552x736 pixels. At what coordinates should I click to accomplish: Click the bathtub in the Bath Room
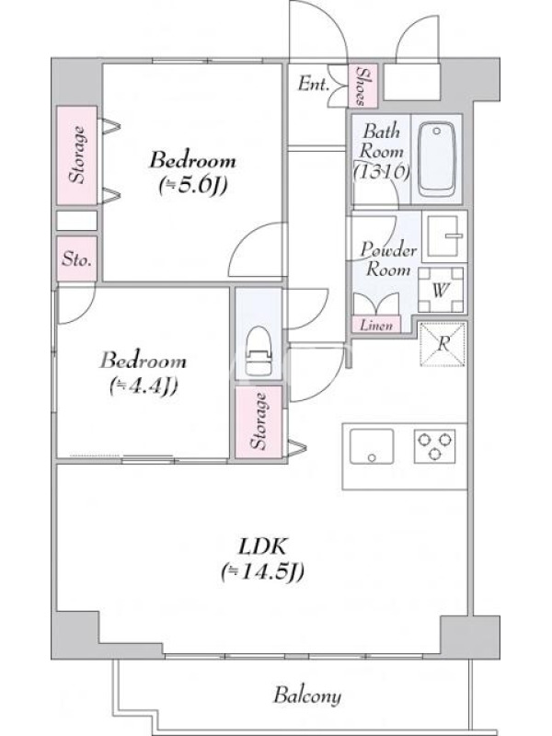pos(436,159)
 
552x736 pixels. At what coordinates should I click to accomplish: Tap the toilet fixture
pos(259,351)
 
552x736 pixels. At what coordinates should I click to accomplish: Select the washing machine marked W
pos(441,290)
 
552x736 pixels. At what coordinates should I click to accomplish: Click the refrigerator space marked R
pos(443,344)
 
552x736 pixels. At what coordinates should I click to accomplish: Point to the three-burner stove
pos(434,446)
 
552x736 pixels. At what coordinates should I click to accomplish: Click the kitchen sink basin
pos(372,446)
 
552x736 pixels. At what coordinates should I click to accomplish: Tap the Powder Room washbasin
pos(445,236)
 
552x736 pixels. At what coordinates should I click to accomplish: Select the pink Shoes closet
pos(362,86)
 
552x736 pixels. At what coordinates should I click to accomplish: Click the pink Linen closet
pos(376,325)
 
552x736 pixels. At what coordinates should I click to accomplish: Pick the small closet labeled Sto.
pos(77,259)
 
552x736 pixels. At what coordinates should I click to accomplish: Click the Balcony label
pos(307,696)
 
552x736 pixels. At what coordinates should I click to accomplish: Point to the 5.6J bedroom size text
pos(193,186)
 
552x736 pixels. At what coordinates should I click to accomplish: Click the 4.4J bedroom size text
pos(144,385)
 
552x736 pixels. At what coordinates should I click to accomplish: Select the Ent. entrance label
pos(313,84)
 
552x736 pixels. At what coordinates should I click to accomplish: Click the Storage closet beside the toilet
pos(259,421)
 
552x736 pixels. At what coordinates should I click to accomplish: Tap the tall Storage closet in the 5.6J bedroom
pos(77,155)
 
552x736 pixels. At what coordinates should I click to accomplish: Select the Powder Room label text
pos(388,259)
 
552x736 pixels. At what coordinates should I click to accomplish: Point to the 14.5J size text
pos(263,571)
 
